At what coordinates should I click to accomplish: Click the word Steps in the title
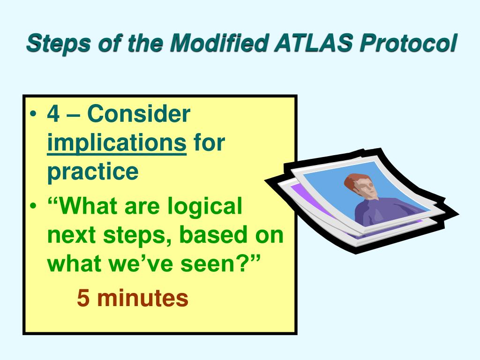(x=58, y=43)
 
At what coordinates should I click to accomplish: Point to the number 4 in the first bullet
(x=53, y=114)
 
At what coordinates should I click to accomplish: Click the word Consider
(x=139, y=113)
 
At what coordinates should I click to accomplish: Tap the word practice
(x=93, y=172)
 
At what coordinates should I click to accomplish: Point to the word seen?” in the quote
(x=220, y=263)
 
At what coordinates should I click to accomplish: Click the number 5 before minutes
(x=83, y=298)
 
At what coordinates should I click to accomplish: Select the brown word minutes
(x=142, y=297)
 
